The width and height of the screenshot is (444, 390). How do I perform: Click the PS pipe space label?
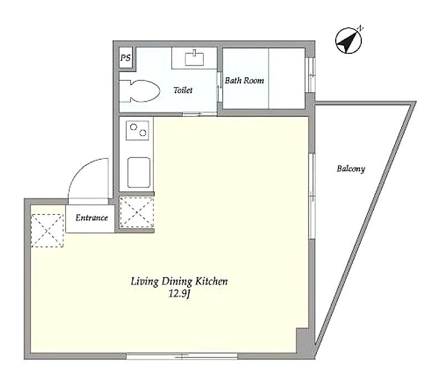pos(125,58)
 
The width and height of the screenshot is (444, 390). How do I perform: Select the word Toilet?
pos(183,90)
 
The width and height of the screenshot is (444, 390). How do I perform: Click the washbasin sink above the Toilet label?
pos(194,59)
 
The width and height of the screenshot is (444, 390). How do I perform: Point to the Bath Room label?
pos(244,80)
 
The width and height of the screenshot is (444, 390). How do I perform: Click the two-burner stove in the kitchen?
pos(138,130)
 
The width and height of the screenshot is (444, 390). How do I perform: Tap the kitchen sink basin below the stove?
pos(139,173)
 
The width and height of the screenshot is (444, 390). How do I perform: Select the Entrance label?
pos(92,217)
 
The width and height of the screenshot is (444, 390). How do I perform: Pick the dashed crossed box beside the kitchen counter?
pos(137,212)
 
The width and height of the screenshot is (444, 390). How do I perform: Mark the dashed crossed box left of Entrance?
pos(47,230)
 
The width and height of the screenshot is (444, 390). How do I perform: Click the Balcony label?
pos(351,169)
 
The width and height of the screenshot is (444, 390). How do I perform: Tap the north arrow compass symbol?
pos(349,40)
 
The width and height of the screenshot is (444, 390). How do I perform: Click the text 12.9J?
pos(179,294)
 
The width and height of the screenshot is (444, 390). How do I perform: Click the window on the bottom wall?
pos(182,356)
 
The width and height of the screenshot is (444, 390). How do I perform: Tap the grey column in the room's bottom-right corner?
pos(302,341)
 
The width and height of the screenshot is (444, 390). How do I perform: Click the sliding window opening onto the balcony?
pos(312,196)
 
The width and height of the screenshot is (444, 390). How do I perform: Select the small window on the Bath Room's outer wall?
pos(312,75)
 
